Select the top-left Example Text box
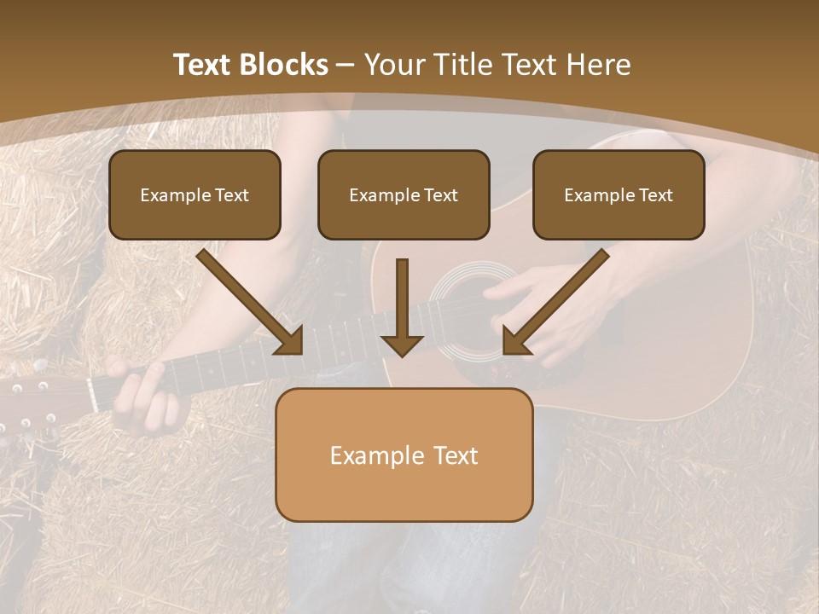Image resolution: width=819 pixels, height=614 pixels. [195, 194]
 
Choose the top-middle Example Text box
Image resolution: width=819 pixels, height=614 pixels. [404, 194]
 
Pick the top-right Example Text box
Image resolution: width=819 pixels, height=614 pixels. [619, 194]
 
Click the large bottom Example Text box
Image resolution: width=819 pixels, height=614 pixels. [404, 455]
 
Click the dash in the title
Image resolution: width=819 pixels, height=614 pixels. [346, 65]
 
